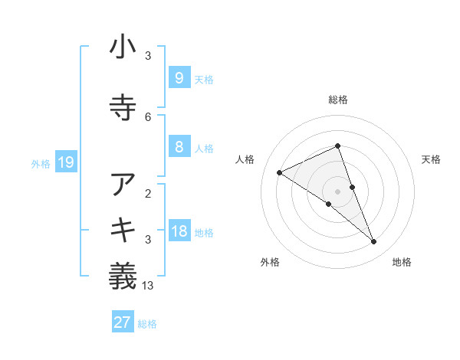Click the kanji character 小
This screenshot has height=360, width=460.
coord(123,48)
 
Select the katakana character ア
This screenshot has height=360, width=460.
coord(123,186)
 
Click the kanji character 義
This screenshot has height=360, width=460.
coord(123,275)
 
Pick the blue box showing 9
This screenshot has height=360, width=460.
coord(179,77)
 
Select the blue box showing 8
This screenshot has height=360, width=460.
coord(179,147)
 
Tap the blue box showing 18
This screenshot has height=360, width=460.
coord(179,232)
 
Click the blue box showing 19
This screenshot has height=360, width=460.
coord(66,162)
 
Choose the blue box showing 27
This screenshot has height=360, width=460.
coord(122,322)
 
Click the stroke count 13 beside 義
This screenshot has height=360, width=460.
coord(149,286)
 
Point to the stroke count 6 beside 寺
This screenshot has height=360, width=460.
coord(148,116)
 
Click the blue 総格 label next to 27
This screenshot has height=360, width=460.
coord(147,324)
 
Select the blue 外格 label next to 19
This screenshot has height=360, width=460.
coord(41,163)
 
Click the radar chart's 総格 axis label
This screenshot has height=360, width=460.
coord(337,100)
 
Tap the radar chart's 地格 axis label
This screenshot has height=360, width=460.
coord(402,262)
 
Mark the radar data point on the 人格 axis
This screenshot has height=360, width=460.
coord(280,172)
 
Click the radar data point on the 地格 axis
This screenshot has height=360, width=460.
coord(374,241)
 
